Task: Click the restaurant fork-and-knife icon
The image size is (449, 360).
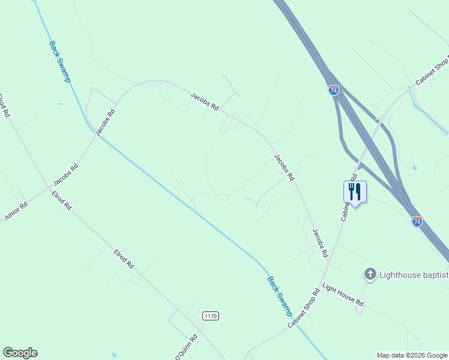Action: click(355, 191)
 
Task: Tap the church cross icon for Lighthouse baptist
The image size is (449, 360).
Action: click(370, 275)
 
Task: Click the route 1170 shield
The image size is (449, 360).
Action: click(210, 316)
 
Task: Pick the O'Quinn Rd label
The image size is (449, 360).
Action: click(186, 347)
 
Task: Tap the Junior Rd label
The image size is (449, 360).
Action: click(16, 211)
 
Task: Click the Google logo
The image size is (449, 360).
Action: click(20, 353)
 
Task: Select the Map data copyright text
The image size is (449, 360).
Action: click(412, 355)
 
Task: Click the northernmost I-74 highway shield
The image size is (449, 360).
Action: click(334, 90)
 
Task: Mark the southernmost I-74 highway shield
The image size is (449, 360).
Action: click(417, 221)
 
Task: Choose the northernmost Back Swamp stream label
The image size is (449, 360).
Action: click(60, 62)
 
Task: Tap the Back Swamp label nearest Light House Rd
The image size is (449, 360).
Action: click(280, 296)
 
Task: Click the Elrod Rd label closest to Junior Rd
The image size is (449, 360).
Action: click(62, 200)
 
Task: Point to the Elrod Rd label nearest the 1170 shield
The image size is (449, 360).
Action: click(124, 259)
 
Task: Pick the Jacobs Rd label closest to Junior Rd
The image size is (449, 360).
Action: click(66, 175)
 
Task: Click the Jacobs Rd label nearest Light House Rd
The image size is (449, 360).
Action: click(320, 243)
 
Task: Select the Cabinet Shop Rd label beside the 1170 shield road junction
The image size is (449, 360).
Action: click(304, 308)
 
